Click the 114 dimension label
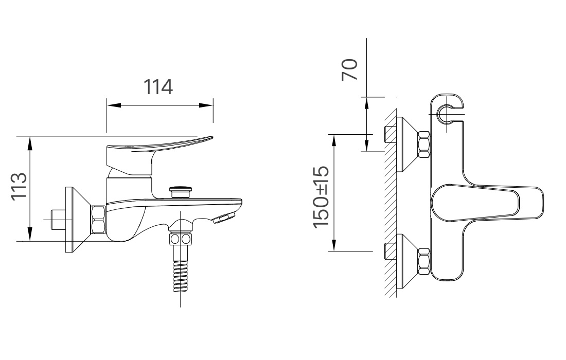[158, 87]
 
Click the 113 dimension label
[19, 186]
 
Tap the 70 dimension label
[350, 69]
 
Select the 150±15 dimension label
[321, 197]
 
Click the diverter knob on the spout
[181, 191]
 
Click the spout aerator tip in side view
[224, 218]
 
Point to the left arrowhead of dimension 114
[113, 105]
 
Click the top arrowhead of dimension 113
[30, 143]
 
